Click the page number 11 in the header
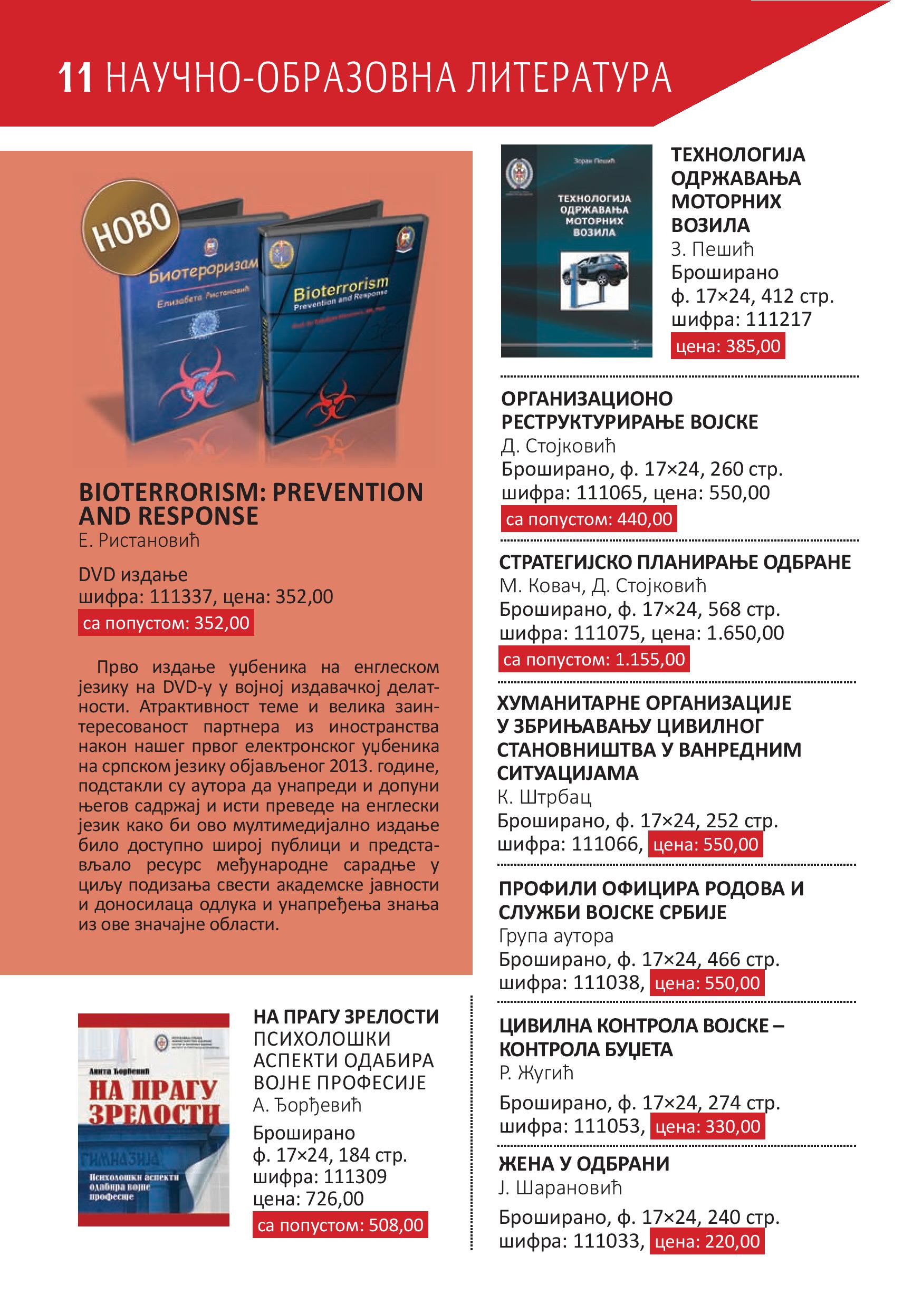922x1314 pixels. pyautogui.click(x=75, y=79)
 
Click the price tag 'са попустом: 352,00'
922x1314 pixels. pyautogui.click(x=166, y=623)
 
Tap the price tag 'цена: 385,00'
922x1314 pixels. pyautogui.click(x=727, y=346)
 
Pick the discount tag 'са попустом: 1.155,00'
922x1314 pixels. pyautogui.click(x=593, y=659)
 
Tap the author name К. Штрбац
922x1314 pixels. pyautogui.click(x=544, y=797)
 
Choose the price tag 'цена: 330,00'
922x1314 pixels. pyautogui.click(x=707, y=1126)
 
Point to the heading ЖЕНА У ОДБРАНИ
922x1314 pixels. pyautogui.click(x=584, y=1164)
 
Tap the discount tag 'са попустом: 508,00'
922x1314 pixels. pyautogui.click(x=340, y=1221)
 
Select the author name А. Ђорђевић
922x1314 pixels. pyautogui.click(x=308, y=1105)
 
